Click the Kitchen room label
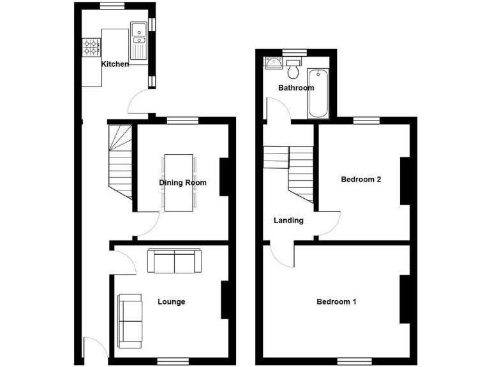115,64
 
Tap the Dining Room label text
182,183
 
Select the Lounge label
171,301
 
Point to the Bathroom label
295,88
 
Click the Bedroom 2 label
360,180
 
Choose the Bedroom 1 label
336,301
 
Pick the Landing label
288,220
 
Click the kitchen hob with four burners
91,47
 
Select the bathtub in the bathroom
318,93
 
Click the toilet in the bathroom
293,65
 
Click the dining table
178,182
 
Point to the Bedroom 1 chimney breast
404,299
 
